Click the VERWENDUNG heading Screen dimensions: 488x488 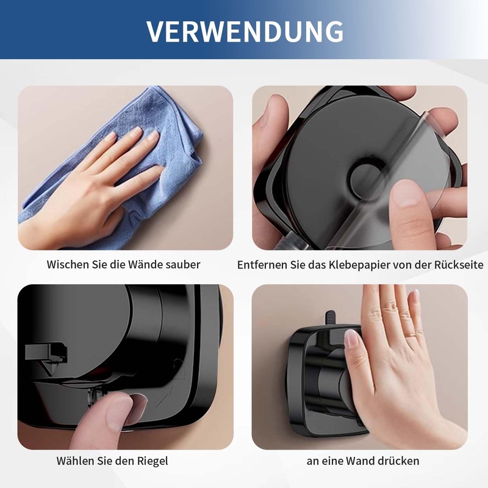[244, 30]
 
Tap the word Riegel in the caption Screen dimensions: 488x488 [153, 461]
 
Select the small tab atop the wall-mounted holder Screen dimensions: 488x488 [330, 318]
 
